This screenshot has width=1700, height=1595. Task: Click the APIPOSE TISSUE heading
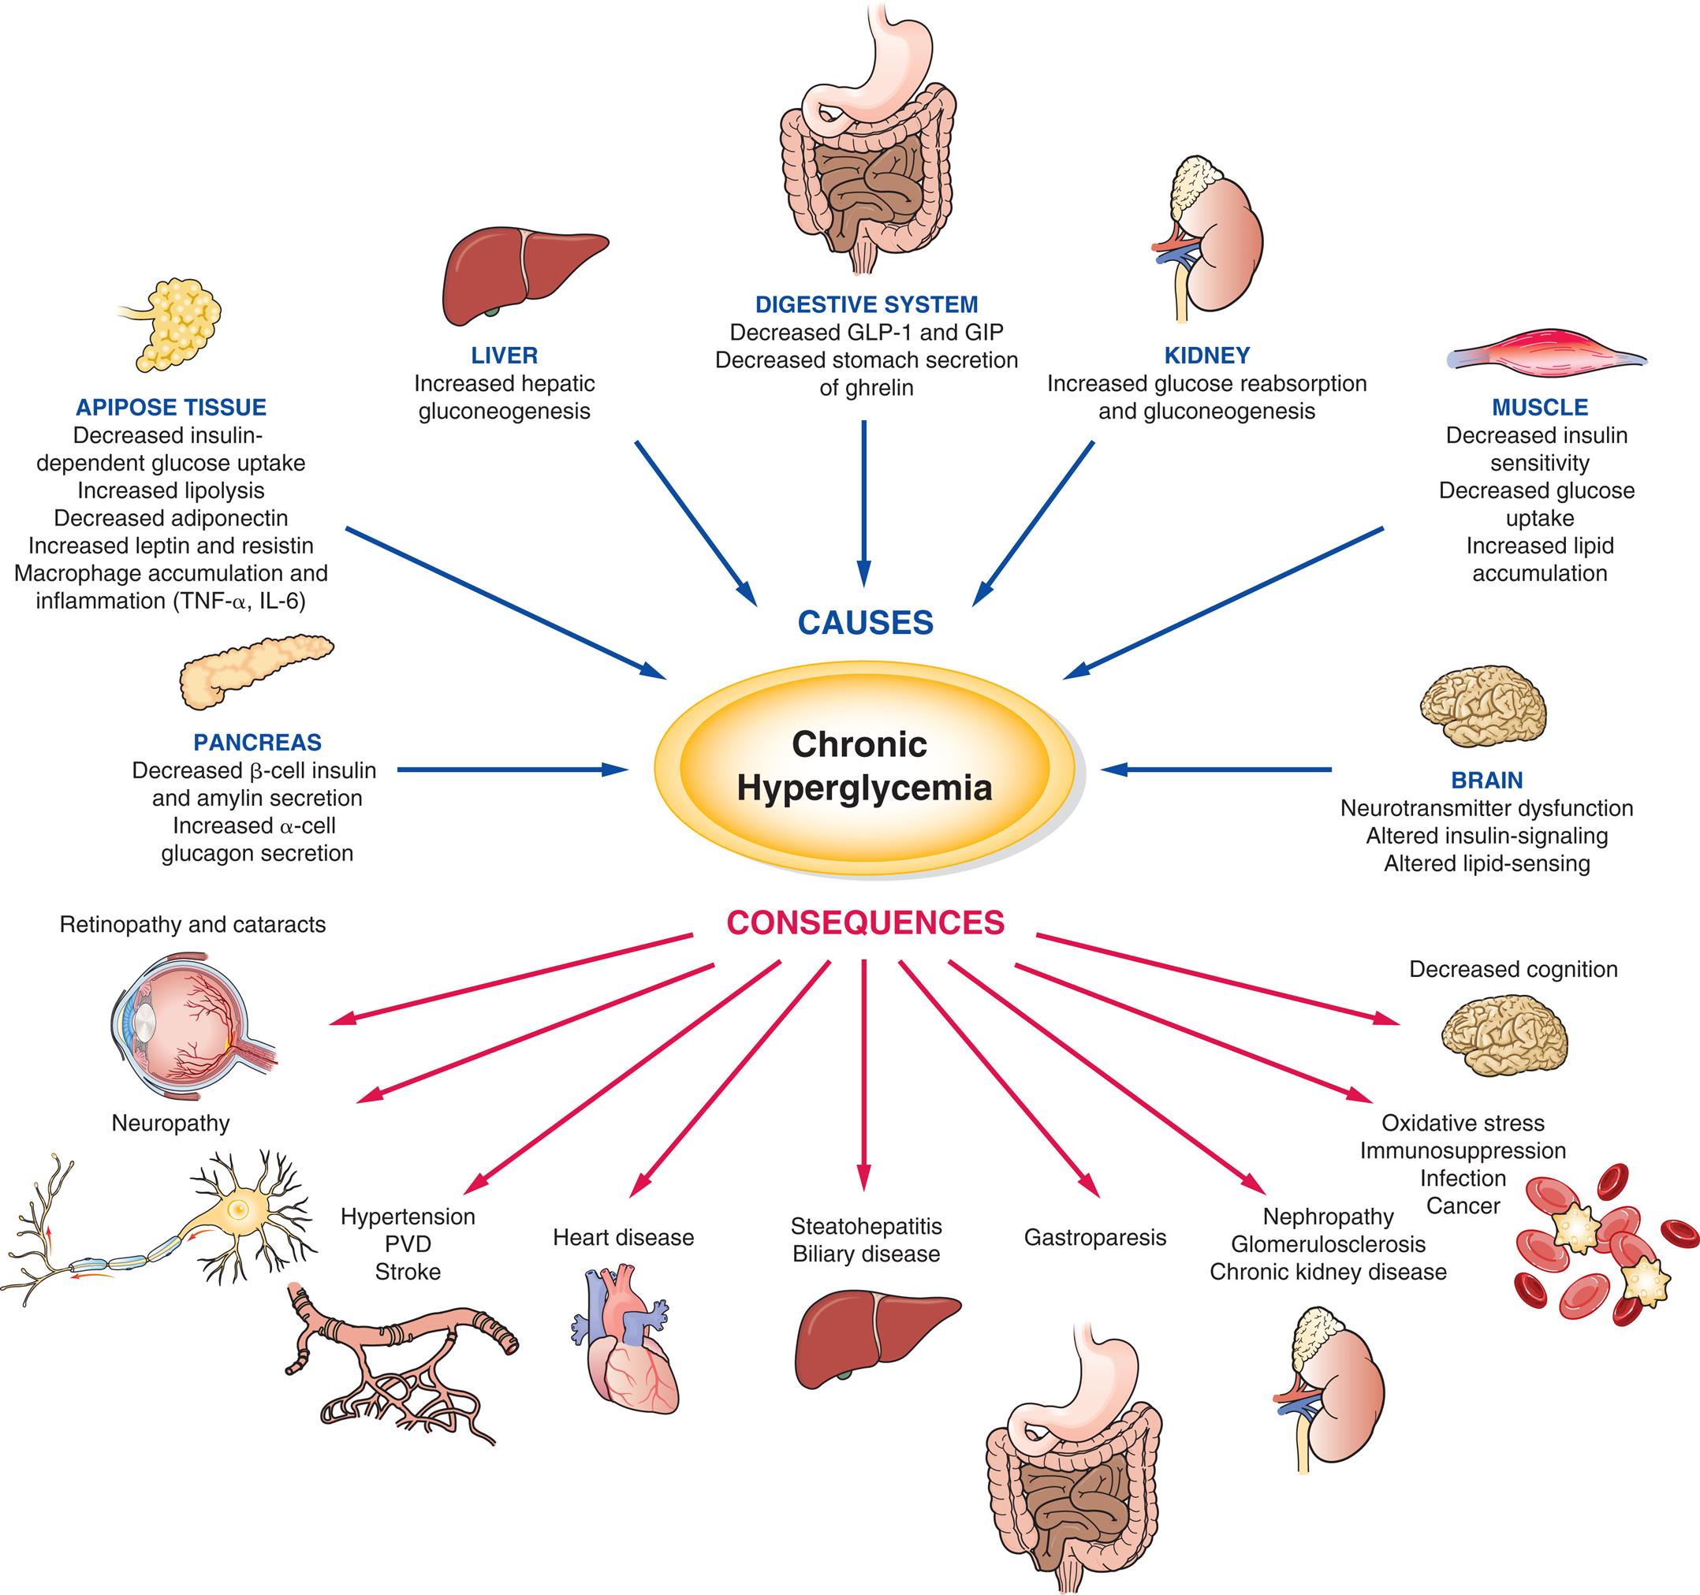(x=171, y=407)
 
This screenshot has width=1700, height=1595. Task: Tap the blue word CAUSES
(x=866, y=623)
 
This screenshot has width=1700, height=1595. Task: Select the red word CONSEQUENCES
(x=866, y=922)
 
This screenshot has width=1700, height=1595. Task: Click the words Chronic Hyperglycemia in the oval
(x=863, y=766)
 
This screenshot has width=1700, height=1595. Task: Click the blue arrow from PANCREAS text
(x=513, y=770)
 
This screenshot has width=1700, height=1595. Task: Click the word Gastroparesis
(x=1094, y=1238)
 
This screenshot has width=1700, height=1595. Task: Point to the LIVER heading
(x=505, y=355)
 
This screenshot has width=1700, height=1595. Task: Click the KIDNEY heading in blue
(x=1206, y=355)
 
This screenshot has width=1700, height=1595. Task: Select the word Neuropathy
(x=171, y=1123)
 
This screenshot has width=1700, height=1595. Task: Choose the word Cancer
(x=1463, y=1206)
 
